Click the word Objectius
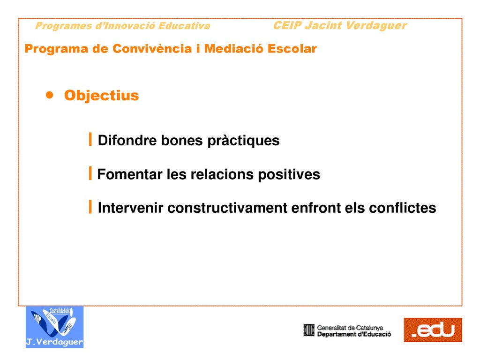(101, 95)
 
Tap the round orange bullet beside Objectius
(49, 95)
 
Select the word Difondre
(127, 140)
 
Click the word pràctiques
(243, 141)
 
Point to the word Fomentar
(130, 174)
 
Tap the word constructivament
(228, 208)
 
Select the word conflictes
(402, 208)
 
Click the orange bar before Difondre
(90, 139)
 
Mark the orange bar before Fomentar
(90, 173)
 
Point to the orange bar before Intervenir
(90, 207)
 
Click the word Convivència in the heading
(152, 49)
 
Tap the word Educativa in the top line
(184, 26)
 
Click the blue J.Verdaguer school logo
(54, 327)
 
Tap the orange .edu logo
(433, 330)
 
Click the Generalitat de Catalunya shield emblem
(309, 330)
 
